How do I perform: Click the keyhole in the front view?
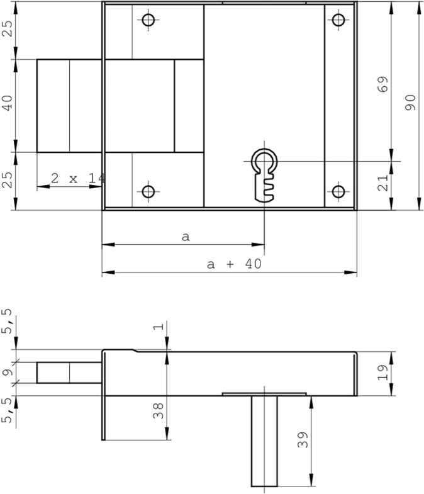click(x=264, y=173)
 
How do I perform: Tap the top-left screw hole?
click(x=148, y=20)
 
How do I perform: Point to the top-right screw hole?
click(x=339, y=20)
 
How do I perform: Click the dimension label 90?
click(x=410, y=103)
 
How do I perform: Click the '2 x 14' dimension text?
click(x=77, y=179)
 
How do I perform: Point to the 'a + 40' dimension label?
click(x=234, y=264)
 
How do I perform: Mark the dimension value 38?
click(x=159, y=410)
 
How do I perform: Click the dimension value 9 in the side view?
click(x=8, y=372)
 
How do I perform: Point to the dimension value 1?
click(x=159, y=327)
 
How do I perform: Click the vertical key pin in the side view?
click(x=264, y=441)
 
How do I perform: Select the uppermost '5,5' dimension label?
click(x=8, y=322)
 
